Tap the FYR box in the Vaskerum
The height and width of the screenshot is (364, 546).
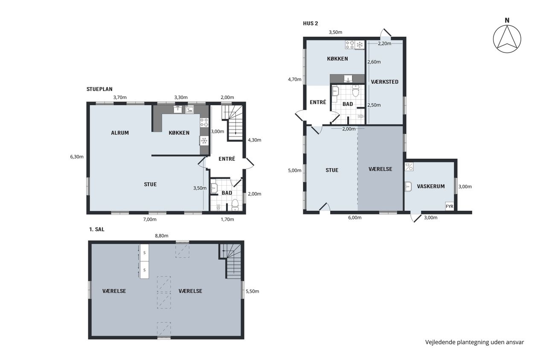pos(450,206)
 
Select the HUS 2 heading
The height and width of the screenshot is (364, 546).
pos(310,23)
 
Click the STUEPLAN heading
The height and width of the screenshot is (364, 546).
pos(99,89)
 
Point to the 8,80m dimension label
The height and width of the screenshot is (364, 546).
pos(162,236)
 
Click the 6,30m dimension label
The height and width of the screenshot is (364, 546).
pos(77,157)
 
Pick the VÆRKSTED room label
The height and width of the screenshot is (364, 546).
pos(385,82)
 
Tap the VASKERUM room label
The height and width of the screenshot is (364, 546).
pos(431,186)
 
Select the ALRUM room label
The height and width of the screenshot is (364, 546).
pos(120,133)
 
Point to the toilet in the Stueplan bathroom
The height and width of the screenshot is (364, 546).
pos(235,205)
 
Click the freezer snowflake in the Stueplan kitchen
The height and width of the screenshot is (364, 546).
pos(204,141)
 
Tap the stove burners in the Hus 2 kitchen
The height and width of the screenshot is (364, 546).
pos(350,45)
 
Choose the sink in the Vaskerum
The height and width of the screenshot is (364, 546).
pos(408,187)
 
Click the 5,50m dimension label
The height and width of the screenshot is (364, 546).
pos(252,291)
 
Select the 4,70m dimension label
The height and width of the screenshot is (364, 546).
pos(294,79)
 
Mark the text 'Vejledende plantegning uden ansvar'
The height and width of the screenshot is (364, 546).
pos(475,342)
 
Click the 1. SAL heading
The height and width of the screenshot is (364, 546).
pos(97,230)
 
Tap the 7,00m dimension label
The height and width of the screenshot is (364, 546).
pos(150,219)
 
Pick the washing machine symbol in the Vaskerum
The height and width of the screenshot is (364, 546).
pos(409,167)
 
